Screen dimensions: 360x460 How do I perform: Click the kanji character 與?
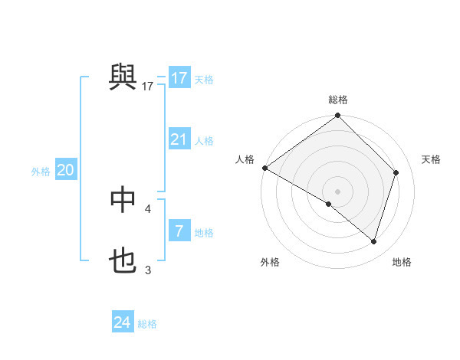[x=123, y=77]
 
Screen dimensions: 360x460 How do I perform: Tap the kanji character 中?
[x=123, y=200]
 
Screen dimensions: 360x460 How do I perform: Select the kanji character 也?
[x=123, y=261]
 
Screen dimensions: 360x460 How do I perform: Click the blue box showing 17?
[x=179, y=78]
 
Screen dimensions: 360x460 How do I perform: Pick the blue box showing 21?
[x=179, y=139]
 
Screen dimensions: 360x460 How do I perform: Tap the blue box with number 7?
[x=179, y=231]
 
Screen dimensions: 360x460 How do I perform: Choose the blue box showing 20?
[x=65, y=170]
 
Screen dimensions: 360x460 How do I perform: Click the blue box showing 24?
[x=122, y=322]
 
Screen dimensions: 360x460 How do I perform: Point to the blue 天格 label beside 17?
[x=204, y=80]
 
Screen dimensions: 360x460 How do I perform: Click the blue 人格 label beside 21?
[x=204, y=141]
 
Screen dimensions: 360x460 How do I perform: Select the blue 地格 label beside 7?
[x=204, y=233]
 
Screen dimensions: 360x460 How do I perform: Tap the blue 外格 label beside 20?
[x=41, y=172]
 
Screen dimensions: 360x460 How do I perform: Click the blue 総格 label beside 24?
[x=147, y=324]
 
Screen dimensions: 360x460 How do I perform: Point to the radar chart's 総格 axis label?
[x=338, y=100]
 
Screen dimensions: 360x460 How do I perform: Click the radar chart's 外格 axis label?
[x=270, y=263]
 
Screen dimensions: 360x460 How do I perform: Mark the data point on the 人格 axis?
[x=264, y=168]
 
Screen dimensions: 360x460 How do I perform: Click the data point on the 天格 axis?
[x=396, y=172]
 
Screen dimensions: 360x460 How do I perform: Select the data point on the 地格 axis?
[x=374, y=241]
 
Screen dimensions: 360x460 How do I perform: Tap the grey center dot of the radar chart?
[x=337, y=191]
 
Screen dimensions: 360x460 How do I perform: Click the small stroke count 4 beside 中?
[x=147, y=208]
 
